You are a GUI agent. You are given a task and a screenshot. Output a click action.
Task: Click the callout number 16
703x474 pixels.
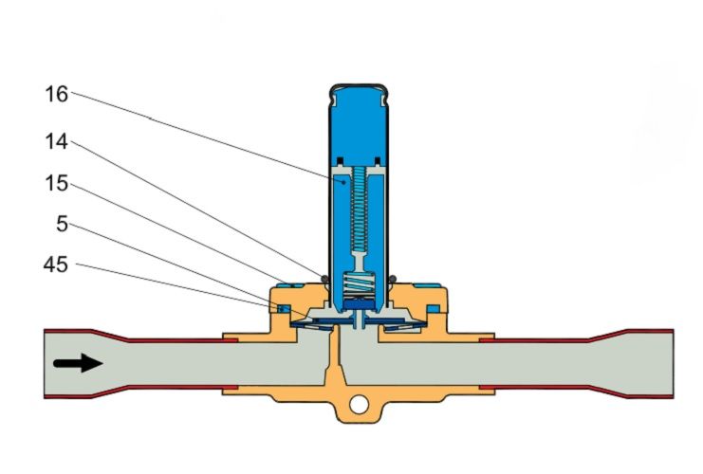pos(57,94)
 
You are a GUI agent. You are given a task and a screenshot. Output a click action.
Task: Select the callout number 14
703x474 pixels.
pos(57,141)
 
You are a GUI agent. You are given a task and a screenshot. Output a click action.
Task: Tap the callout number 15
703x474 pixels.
pos(57,184)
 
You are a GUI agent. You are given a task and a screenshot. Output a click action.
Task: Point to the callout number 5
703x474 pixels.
pos(63,224)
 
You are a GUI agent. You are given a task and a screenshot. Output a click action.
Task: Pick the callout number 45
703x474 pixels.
pos(56,264)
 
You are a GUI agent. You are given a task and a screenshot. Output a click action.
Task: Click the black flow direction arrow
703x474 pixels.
pos(78,362)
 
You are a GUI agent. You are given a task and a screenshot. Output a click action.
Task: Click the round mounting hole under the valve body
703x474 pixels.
pos(359,405)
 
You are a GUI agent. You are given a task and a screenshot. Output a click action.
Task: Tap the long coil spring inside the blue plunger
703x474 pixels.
pos(359,209)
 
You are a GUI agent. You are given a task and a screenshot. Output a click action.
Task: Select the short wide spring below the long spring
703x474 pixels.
pos(359,284)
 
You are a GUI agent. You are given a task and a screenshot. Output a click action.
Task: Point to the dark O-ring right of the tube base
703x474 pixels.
pos(393,279)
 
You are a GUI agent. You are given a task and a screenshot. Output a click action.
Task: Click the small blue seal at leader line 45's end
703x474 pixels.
pos(284,309)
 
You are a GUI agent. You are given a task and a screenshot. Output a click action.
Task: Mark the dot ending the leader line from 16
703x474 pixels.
pos(343,182)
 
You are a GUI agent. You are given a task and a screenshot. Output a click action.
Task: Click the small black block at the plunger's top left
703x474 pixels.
pos(341,160)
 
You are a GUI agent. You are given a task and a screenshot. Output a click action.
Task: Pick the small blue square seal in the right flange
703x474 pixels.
pos(434,309)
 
